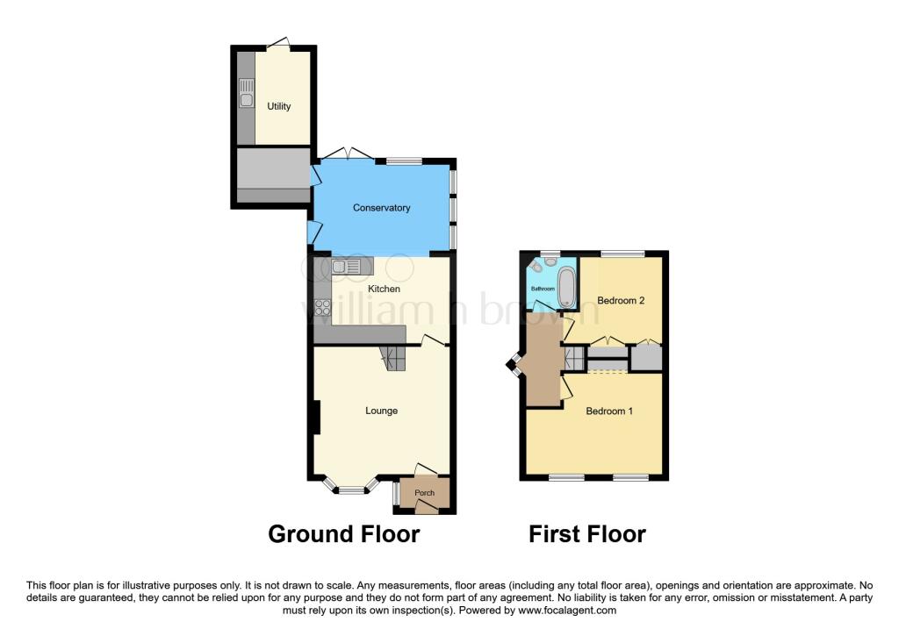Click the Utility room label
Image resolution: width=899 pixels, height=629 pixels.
tap(278, 106)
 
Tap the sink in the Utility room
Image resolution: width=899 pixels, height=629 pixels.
tap(246, 93)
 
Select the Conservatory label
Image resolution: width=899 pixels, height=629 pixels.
tap(381, 208)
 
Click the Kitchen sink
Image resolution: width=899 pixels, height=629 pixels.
tap(346, 267)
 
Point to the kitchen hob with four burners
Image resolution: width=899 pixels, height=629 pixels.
tap(323, 308)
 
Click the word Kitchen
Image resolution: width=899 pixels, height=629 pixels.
tap(384, 289)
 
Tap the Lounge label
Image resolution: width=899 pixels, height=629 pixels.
tap(381, 411)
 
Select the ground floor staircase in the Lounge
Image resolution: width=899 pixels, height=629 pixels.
tap(393, 358)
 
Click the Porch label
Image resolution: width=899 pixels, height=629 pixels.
tap(424, 493)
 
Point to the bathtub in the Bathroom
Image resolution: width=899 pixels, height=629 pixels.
tap(566, 288)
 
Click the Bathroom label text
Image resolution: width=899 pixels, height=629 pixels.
tap(543, 289)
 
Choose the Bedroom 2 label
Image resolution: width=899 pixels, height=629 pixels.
tap(621, 300)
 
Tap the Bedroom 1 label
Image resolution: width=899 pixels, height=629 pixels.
tap(609, 411)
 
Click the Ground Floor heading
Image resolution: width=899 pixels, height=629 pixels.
tap(344, 534)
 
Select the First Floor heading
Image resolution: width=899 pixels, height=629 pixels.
tap(587, 534)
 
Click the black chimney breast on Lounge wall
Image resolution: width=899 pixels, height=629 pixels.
tap(316, 417)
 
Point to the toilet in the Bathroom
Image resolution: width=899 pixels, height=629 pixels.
tap(536, 267)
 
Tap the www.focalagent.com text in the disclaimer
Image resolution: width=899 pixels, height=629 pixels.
tap(567, 611)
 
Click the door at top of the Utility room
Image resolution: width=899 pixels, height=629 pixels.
tap(278, 44)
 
